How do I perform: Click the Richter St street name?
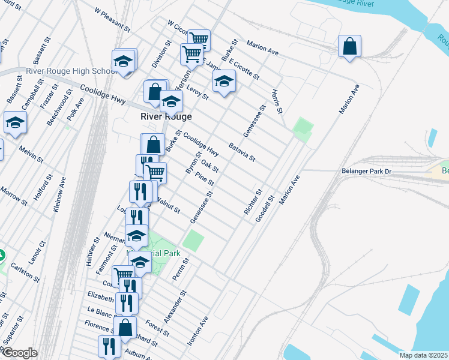click(253, 203)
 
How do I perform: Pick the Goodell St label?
click(264, 208)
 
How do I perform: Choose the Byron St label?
click(193, 163)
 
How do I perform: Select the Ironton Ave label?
click(197, 331)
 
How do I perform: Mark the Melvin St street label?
click(31, 154)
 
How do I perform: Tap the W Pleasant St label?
click(113, 19)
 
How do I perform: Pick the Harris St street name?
click(276, 102)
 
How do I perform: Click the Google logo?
click(19, 353)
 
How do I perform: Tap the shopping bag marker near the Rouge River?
click(349, 46)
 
